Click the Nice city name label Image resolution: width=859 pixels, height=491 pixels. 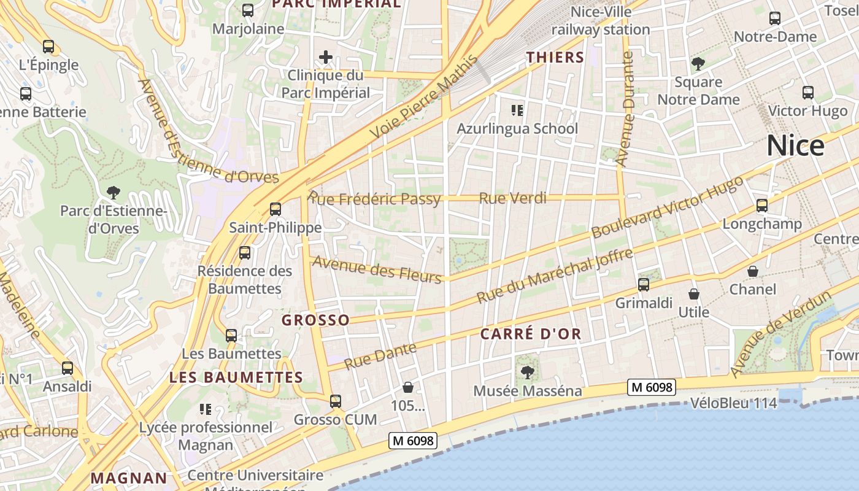coord(795,146)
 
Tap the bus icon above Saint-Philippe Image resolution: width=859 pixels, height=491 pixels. coord(275,209)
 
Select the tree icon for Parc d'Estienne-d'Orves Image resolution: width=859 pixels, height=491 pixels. coord(113,193)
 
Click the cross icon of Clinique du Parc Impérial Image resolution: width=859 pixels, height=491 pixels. coord(326,58)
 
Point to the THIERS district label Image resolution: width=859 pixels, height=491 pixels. coord(555,58)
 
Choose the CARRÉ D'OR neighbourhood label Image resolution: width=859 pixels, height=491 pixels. coord(530,334)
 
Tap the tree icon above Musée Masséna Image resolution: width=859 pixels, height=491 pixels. coord(527,372)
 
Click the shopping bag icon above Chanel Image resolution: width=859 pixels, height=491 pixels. coord(753,271)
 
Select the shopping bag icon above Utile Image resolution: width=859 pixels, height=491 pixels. coord(694,295)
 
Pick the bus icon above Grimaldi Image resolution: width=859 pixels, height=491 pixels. coord(644,284)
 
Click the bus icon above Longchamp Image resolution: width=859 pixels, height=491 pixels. coord(762,206)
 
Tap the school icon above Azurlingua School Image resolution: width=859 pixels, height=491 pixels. coord(517,110)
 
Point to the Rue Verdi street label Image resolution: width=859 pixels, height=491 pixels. coord(512,198)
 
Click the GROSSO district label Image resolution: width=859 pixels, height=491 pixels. coord(315,320)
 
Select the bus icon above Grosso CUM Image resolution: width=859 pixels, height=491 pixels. coord(335,401)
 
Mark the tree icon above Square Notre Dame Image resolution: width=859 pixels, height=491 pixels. coord(698,63)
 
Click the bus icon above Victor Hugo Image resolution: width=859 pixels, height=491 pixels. coord(808,93)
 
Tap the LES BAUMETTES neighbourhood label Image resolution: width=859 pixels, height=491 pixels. coord(236,377)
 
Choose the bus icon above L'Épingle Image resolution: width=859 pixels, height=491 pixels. coord(48,47)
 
